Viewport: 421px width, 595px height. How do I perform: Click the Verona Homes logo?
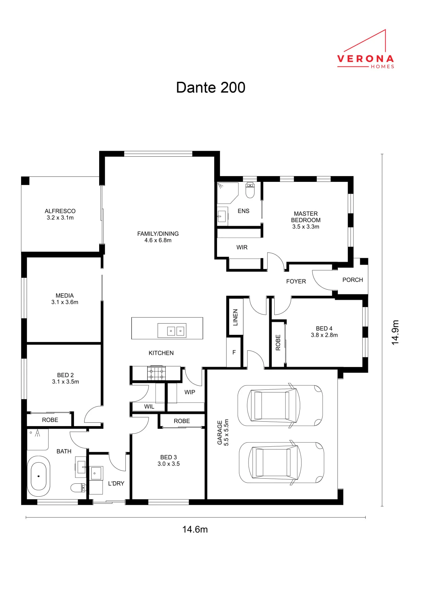click(x=366, y=49)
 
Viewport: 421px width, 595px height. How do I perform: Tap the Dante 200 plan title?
click(x=210, y=88)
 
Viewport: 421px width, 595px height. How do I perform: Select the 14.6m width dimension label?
click(x=195, y=529)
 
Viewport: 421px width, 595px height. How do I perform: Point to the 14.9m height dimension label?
click(x=395, y=332)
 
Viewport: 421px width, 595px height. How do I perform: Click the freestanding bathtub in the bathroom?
click(x=39, y=476)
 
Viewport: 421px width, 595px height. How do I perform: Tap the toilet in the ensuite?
click(x=250, y=190)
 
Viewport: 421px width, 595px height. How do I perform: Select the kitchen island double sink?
click(x=172, y=330)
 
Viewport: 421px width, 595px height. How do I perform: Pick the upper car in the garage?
click(x=280, y=405)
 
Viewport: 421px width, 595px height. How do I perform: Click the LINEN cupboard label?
click(x=235, y=317)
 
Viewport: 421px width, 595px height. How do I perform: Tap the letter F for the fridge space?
click(x=234, y=352)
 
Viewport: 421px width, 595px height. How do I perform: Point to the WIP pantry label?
click(x=190, y=392)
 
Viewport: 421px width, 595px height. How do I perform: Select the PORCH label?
click(x=352, y=280)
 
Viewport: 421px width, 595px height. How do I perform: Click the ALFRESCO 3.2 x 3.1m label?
click(x=60, y=214)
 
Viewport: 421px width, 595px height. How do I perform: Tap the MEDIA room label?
click(x=65, y=295)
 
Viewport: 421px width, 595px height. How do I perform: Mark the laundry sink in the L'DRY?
click(x=96, y=473)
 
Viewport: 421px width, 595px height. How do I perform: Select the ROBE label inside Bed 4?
click(x=278, y=342)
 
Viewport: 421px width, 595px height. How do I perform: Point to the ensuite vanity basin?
click(x=222, y=216)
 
